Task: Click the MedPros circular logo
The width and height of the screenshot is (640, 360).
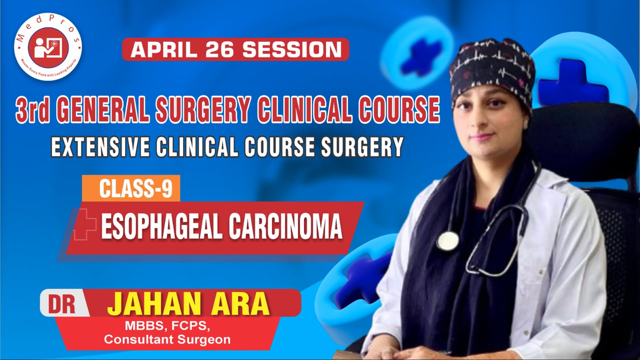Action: [48, 47]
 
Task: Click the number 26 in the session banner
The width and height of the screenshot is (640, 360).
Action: [220, 50]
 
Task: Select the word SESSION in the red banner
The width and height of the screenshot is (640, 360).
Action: [292, 50]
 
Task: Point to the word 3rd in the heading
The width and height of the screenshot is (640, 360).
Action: [33, 109]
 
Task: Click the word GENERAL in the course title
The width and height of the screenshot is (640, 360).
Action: [104, 109]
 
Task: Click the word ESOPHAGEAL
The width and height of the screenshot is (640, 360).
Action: [162, 227]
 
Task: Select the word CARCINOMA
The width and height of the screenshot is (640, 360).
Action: [285, 227]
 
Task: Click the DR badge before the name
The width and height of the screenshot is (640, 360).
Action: [62, 304]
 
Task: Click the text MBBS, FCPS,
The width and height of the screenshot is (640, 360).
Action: [167, 326]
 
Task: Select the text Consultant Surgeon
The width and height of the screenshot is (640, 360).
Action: [167, 340]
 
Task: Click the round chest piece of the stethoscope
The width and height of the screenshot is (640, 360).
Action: [447, 241]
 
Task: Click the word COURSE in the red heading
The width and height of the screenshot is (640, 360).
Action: [399, 109]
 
